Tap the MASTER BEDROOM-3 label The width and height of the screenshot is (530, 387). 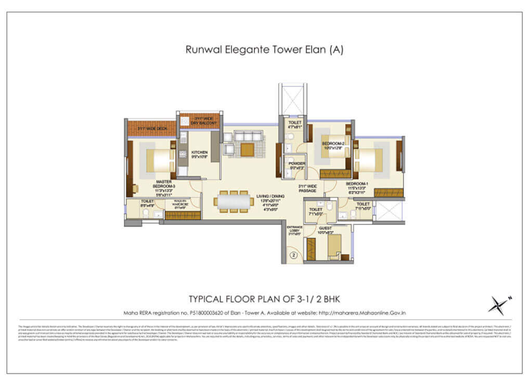point(164,186)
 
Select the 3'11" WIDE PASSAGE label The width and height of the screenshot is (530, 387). point(307,189)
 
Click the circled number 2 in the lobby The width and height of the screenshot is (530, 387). point(293,255)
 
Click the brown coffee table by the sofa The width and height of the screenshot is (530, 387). point(247,149)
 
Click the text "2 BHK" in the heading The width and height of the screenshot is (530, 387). point(326,299)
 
